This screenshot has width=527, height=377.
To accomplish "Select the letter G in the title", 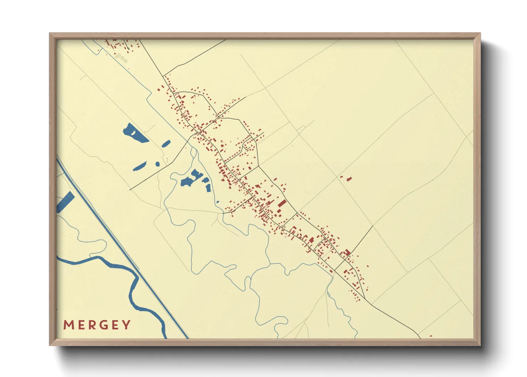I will pos(103,325).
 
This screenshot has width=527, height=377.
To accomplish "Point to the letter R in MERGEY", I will pos(92,325).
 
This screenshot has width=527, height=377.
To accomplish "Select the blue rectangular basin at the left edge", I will pos(65,202).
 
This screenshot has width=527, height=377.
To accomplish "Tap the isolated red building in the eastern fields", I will pos(349,178).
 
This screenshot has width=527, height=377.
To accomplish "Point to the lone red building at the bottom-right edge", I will pos(431,336).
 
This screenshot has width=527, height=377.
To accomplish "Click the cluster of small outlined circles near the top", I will pos(121,57).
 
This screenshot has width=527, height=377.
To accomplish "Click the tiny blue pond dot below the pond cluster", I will pos(217,202).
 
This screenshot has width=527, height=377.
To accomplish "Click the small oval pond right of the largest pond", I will pos(166,143).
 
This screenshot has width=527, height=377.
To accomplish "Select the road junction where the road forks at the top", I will pos(163,76).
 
